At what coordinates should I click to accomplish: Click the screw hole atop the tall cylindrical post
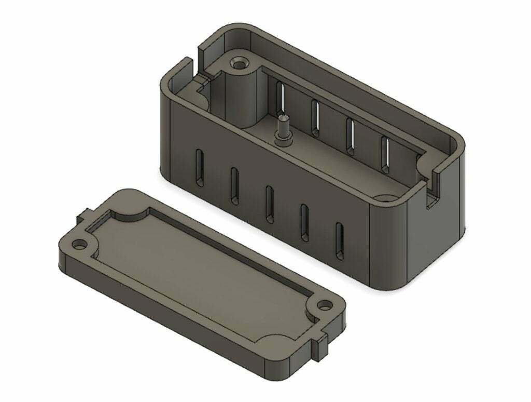click(239, 64)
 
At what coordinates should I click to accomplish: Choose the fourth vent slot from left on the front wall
click(304, 222)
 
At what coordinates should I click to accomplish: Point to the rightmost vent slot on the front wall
click(339, 242)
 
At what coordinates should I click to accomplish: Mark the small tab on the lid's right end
click(321, 345)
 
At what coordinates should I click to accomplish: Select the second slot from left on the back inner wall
click(314, 116)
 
